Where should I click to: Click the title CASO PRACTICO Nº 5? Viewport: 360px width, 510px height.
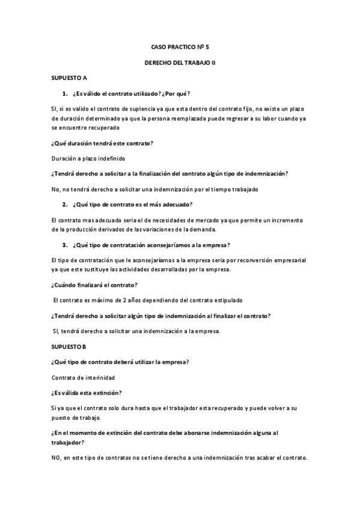[180, 46]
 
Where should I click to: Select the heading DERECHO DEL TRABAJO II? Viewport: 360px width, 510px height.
[180, 62]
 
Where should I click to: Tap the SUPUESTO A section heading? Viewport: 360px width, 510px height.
[69, 78]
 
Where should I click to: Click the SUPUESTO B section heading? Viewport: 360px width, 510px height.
[69, 347]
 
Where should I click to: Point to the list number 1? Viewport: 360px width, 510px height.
[64, 94]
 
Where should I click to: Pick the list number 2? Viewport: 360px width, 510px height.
[64, 205]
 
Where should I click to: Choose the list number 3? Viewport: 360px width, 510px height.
[64, 245]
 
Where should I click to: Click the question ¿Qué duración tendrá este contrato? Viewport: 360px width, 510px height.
[102, 143]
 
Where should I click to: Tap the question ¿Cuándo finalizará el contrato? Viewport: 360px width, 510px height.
[95, 284]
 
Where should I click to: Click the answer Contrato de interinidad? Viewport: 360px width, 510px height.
[84, 378]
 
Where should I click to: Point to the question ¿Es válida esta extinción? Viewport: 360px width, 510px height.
[87, 393]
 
